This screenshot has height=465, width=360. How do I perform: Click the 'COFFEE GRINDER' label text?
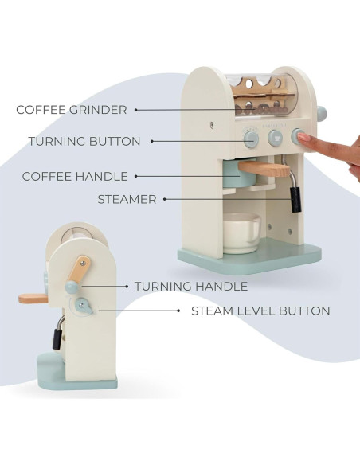(71, 110)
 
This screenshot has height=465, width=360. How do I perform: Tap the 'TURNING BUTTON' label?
(84, 141)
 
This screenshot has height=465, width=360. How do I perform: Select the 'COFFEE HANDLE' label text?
(76, 176)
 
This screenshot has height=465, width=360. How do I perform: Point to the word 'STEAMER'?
(127, 200)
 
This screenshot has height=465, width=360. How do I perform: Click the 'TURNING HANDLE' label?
(190, 286)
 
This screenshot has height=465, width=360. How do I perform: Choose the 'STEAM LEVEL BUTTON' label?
(260, 311)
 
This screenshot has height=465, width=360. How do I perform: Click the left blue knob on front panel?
(251, 139)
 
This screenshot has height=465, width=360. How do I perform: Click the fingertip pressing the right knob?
(310, 141)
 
